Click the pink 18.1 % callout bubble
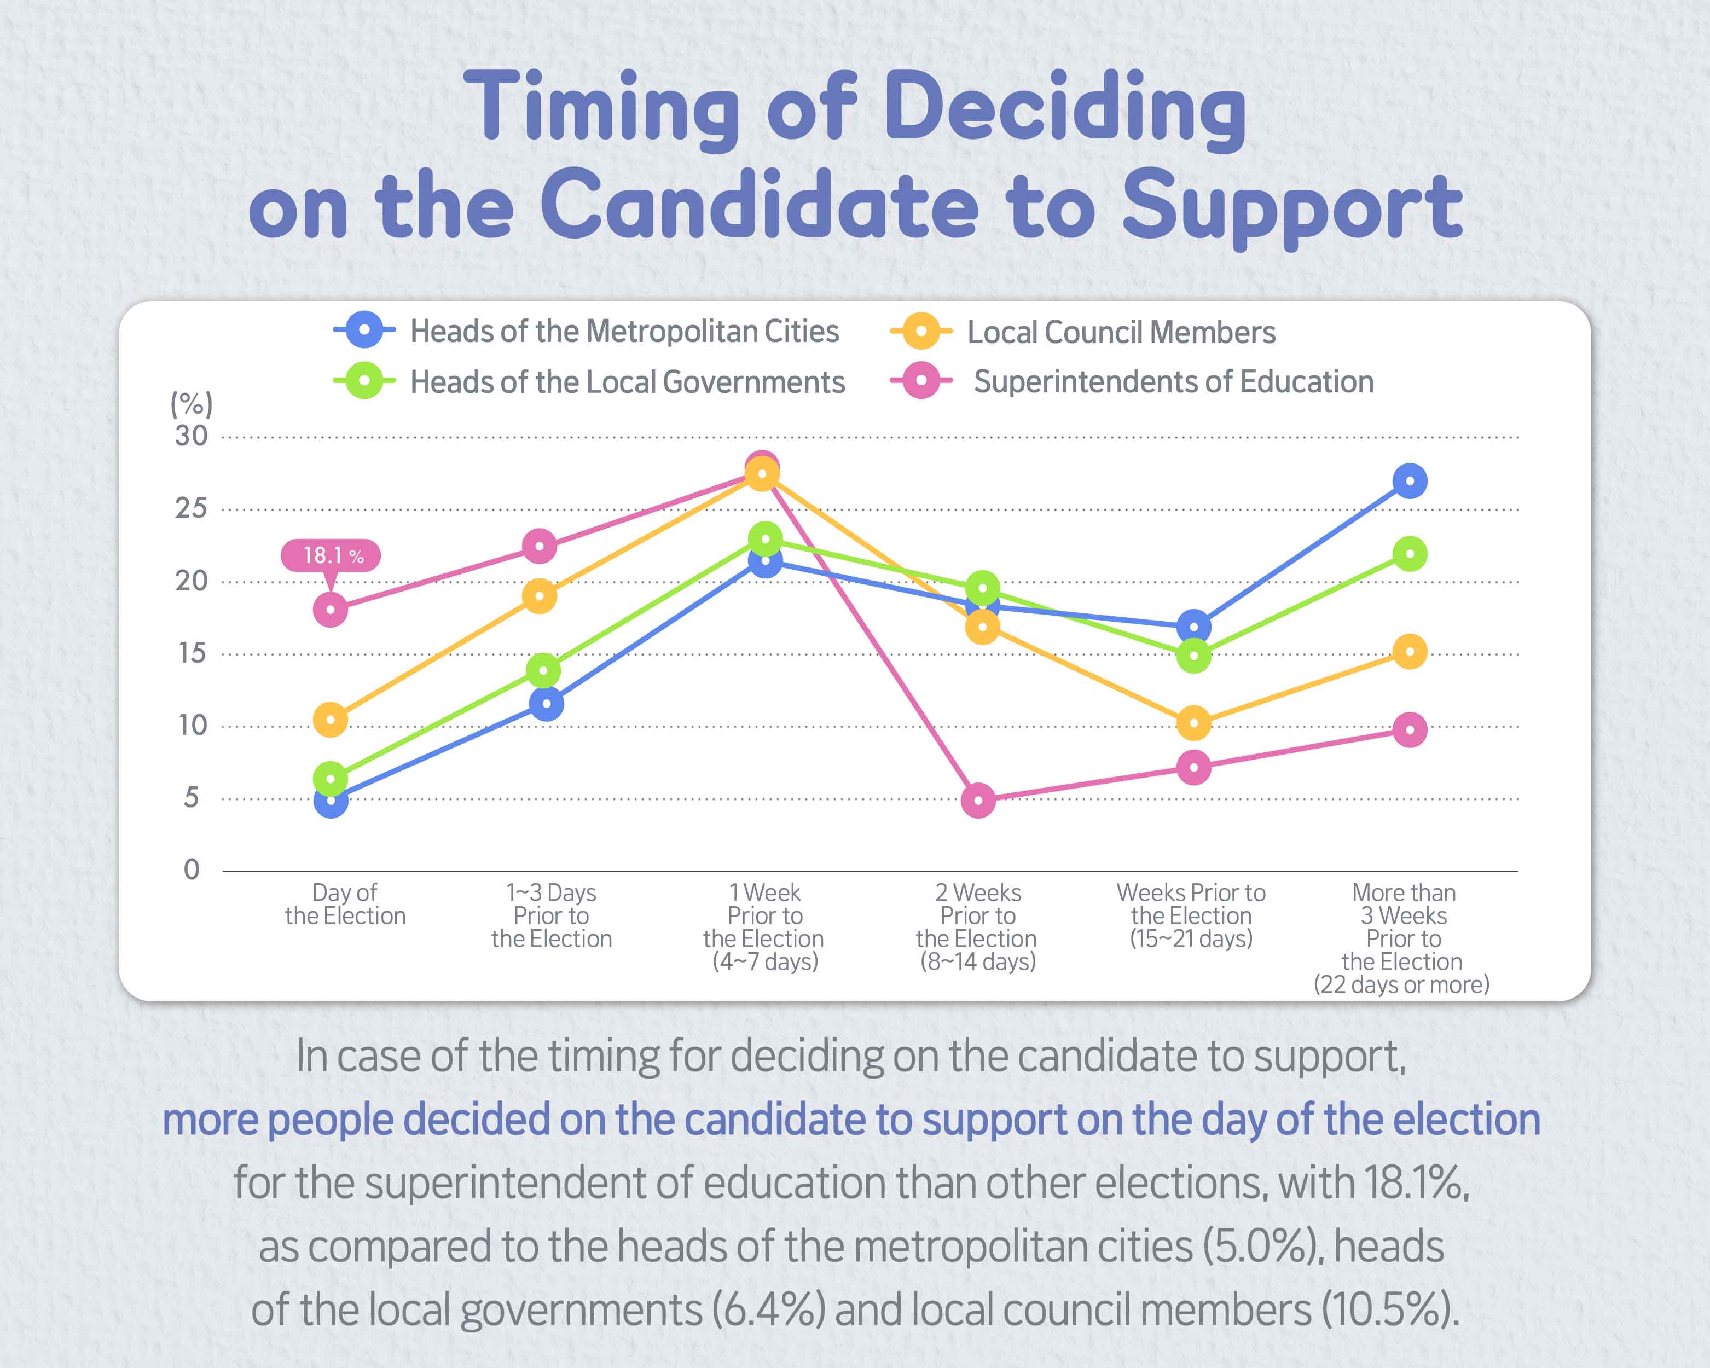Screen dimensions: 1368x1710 331,555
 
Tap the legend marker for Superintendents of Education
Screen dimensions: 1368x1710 921,381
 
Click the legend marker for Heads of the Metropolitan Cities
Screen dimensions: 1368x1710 364,330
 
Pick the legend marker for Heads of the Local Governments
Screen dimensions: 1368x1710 364,381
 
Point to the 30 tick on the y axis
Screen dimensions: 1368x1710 191,436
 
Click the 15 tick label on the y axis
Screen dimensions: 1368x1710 191,653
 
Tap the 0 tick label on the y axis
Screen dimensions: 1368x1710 191,870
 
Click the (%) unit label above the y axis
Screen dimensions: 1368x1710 191,404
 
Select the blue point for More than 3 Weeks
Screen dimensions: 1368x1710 1410,482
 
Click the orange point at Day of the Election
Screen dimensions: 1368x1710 331,720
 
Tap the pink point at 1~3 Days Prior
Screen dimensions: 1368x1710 540,547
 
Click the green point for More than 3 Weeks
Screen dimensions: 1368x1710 1410,554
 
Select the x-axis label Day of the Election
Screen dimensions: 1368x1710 345,904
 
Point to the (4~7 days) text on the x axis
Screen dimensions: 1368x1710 764,962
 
